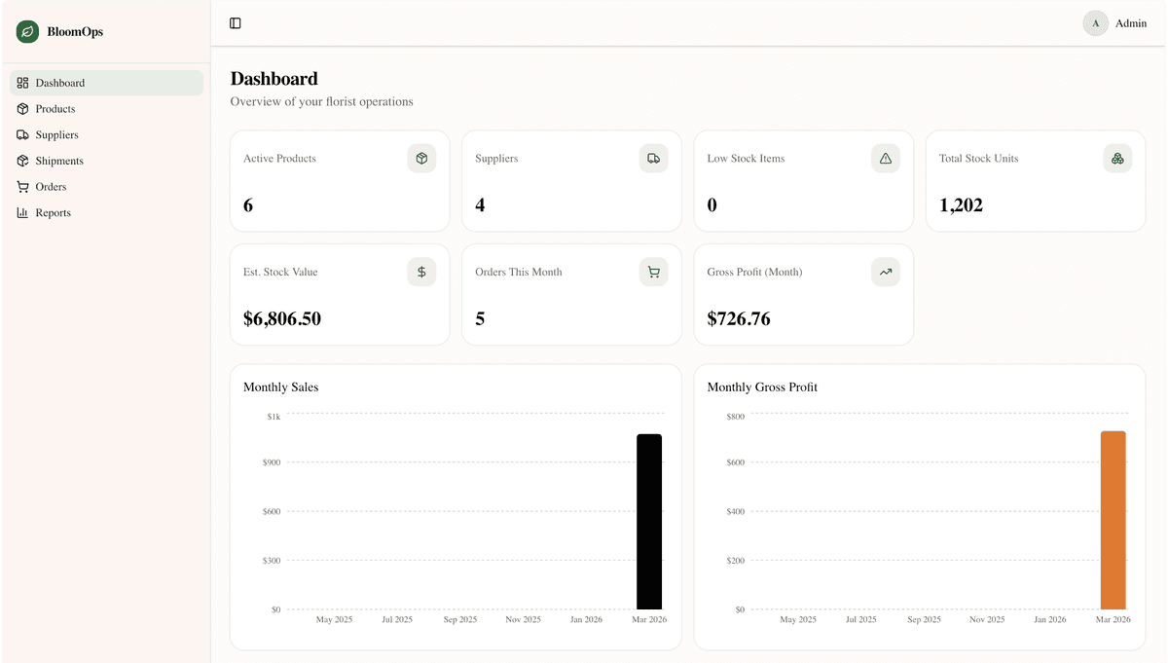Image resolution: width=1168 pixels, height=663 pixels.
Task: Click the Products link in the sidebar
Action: (x=55, y=109)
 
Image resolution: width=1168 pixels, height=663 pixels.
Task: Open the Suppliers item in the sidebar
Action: (x=56, y=135)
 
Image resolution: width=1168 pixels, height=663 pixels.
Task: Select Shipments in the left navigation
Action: (x=59, y=161)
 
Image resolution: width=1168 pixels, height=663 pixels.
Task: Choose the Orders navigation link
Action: (x=51, y=187)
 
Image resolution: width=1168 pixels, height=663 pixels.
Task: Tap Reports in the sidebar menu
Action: (x=53, y=213)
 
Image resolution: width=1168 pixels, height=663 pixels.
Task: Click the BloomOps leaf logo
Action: (x=27, y=32)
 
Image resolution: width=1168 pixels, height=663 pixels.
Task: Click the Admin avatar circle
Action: (x=1096, y=23)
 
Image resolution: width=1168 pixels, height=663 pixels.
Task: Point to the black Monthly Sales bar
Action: (x=649, y=522)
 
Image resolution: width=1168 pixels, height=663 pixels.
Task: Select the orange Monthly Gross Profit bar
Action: (x=1113, y=520)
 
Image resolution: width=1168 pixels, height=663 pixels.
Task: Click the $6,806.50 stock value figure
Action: (x=282, y=318)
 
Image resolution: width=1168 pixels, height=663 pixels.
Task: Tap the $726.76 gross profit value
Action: (x=739, y=318)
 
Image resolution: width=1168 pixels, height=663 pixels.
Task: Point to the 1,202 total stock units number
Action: (x=961, y=205)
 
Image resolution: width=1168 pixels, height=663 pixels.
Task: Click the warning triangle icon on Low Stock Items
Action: (x=886, y=159)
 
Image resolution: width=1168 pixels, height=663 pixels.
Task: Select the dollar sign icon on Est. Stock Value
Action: (x=421, y=273)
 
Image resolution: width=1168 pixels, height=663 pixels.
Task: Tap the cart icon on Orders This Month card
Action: (x=653, y=273)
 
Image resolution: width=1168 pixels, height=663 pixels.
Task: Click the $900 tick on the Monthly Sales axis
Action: (x=272, y=462)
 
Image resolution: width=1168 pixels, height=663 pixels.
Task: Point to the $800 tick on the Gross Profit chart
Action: (x=735, y=417)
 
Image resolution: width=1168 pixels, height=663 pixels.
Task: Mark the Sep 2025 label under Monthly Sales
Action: (x=460, y=620)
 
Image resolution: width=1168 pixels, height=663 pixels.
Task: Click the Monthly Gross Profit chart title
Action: (x=762, y=387)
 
